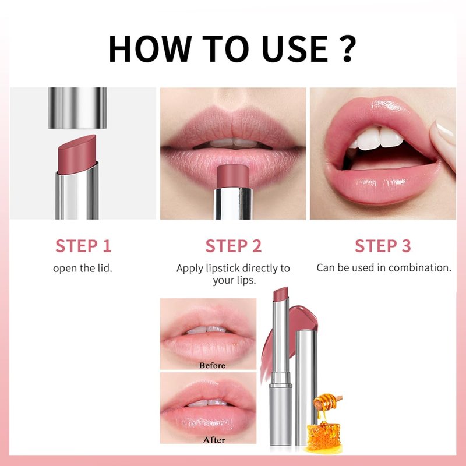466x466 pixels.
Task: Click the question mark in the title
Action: (345, 48)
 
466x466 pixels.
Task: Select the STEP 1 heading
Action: (83, 246)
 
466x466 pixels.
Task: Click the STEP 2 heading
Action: (234, 246)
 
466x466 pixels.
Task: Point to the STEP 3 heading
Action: (383, 246)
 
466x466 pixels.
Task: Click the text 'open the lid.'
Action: (83, 268)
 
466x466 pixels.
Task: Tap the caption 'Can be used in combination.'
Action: (384, 268)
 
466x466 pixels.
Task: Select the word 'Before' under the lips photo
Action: (212, 365)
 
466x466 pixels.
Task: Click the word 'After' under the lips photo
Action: (214, 440)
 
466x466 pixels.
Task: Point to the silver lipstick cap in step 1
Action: (77, 108)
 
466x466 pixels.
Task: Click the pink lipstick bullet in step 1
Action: (77, 154)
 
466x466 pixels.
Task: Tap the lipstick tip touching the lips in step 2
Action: (232, 176)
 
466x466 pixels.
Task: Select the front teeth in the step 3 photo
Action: (379, 138)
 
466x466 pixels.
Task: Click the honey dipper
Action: (327, 401)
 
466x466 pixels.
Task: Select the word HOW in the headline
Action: (150, 49)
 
